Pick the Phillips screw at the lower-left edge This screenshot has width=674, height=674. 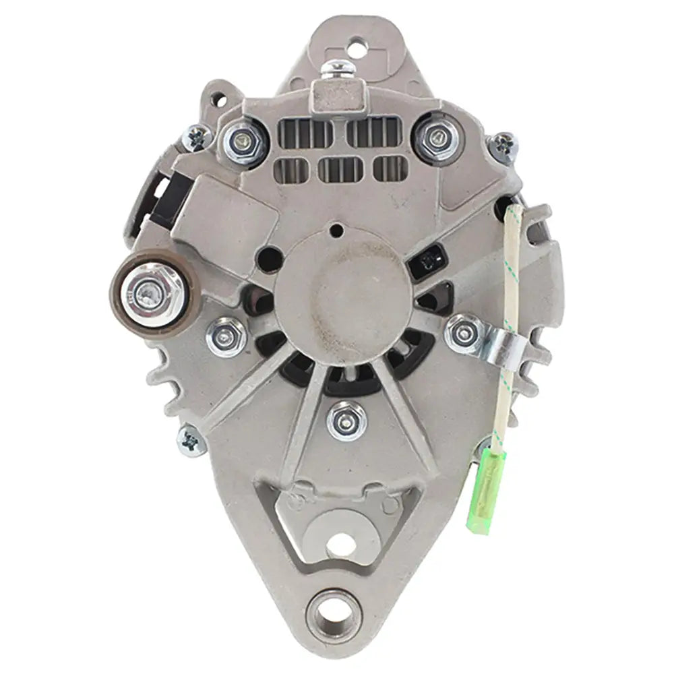point(190,442)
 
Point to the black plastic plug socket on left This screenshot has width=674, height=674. point(166,197)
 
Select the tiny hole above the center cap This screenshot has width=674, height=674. point(334,232)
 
